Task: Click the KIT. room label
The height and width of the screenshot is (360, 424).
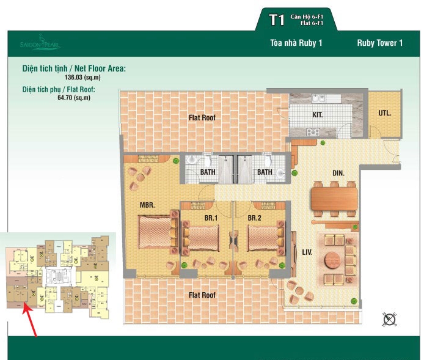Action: coord(318,114)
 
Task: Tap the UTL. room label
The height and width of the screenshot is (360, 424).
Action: coord(384,113)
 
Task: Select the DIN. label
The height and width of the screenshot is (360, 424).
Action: coord(338,173)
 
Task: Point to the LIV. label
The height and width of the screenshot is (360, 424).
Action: coord(307,251)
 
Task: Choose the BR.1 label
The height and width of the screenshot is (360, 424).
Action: coord(212,217)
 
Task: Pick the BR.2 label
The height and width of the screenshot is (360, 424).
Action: coord(255,217)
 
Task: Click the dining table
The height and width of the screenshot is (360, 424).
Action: coord(334,199)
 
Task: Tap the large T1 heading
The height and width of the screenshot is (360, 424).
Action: coord(277,20)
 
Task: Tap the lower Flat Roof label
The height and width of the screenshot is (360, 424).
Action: coord(202,295)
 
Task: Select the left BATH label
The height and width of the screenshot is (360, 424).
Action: coord(208,172)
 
